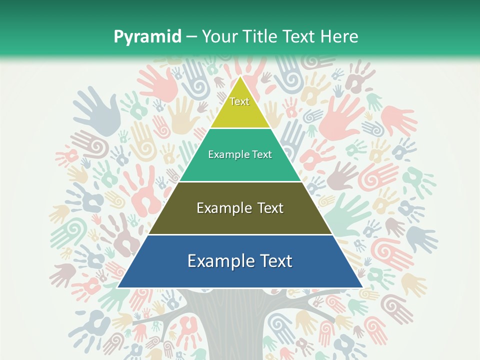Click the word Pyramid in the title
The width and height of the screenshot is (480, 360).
tap(147, 36)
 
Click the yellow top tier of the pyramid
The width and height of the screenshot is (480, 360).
tap(240, 112)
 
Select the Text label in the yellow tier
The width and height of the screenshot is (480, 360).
tap(239, 101)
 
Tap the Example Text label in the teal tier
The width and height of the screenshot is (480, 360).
tap(240, 154)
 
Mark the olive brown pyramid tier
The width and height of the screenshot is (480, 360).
tap(240, 220)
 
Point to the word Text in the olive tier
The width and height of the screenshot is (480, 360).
tap(270, 208)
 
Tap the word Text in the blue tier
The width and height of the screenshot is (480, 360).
tap(275, 261)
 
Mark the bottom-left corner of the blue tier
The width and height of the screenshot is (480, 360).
tap(118, 287)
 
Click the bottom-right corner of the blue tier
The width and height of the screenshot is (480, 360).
tap(362, 287)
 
